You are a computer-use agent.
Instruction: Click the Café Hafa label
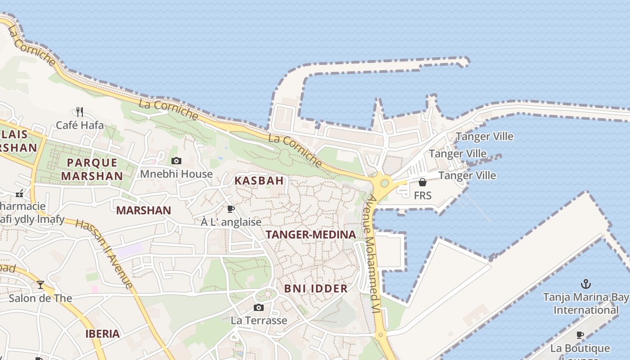coord(80,125)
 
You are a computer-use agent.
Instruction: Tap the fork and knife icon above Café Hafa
coord(80,112)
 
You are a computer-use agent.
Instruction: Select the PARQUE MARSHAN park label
coord(92,169)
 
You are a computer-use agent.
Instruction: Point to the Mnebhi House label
coord(176,174)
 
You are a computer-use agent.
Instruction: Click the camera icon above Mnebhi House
coord(176,161)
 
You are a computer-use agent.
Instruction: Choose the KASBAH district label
coord(259,181)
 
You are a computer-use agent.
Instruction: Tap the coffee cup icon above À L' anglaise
coord(231,209)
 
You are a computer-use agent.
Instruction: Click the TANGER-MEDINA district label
coord(310,234)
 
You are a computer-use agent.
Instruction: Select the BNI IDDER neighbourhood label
coord(316,288)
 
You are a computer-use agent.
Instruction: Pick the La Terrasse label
coord(259,320)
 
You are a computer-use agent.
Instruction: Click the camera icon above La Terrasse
coord(259,307)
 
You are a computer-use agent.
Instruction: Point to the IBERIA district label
coord(103,334)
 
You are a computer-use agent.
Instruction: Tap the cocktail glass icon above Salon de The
coord(40,285)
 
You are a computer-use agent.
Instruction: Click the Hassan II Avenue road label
coord(104,253)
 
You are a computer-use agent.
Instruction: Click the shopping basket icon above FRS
coord(423,182)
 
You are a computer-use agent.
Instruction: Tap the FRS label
coord(423,195)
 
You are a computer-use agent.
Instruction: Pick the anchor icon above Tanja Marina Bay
coord(585,284)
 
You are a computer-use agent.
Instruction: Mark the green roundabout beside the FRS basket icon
coord(384,183)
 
